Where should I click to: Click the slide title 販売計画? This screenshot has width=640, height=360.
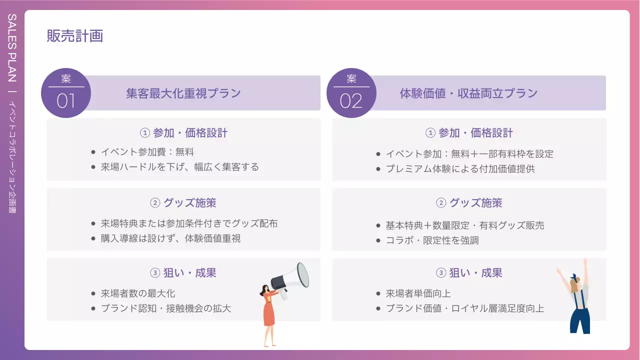pyautogui.click(x=75, y=36)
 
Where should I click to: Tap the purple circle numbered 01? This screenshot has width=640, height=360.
pyautogui.click(x=65, y=93)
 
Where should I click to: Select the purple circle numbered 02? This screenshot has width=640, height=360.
pyautogui.click(x=351, y=93)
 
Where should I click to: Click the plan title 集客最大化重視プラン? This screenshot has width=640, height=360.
pyautogui.click(x=183, y=93)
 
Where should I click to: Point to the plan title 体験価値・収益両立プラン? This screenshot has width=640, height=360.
pyautogui.click(x=468, y=93)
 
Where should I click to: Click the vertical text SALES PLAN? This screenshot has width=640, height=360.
pyautogui.click(x=12, y=48)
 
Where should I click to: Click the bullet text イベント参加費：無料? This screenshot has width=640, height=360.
pyautogui.click(x=147, y=152)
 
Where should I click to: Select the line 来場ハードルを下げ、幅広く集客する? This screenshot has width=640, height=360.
pyautogui.click(x=179, y=167)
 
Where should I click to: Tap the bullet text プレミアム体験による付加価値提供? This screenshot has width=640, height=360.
pyautogui.click(x=460, y=169)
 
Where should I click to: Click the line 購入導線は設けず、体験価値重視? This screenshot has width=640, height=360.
pyautogui.click(x=170, y=238)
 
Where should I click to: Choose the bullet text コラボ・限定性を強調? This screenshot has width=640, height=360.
pyautogui.click(x=432, y=240)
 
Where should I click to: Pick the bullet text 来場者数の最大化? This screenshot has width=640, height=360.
pyautogui.click(x=138, y=293)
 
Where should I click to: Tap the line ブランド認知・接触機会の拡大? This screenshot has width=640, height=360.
pyautogui.click(x=165, y=308)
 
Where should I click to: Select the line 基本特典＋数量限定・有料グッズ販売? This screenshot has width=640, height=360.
pyautogui.click(x=464, y=225)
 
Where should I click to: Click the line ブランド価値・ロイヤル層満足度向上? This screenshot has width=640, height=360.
pyautogui.click(x=464, y=308)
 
